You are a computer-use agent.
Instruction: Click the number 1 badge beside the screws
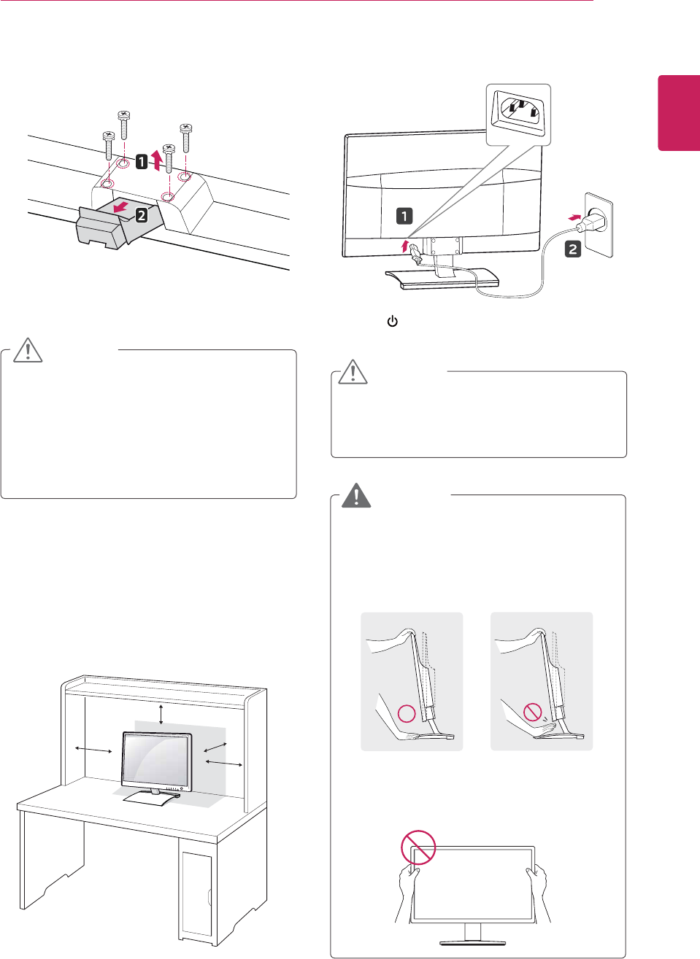(142, 162)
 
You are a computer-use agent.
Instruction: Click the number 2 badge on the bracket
(141, 214)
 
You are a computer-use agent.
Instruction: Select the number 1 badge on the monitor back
(404, 216)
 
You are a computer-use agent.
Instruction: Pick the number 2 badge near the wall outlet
(573, 249)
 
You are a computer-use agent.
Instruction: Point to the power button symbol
(392, 321)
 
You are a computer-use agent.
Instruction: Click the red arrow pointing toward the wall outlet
(576, 217)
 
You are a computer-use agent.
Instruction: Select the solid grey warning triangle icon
(356, 495)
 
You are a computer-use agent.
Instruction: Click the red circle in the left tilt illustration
(406, 714)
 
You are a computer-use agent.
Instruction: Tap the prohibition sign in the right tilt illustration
(533, 712)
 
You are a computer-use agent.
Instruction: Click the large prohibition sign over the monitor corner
(418, 847)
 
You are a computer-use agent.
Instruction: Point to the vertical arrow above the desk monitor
(161, 715)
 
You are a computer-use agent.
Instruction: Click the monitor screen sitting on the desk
(156, 761)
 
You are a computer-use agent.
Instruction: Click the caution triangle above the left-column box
(28, 350)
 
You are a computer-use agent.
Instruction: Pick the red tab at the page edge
(679, 112)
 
